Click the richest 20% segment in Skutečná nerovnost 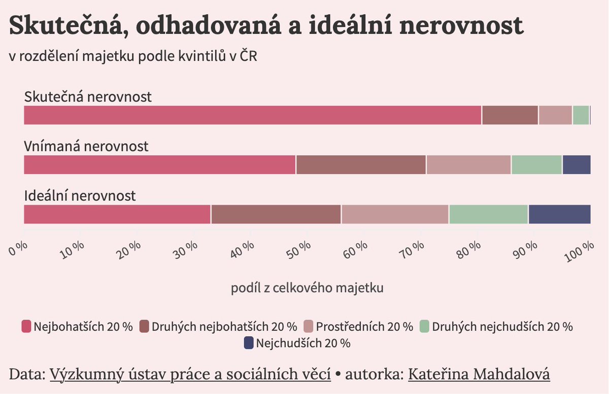253,115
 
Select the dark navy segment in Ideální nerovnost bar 559,214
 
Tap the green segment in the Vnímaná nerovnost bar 536,165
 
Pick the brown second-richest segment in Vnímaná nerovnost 361,165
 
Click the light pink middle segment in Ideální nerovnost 395,214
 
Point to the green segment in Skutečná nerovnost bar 581,115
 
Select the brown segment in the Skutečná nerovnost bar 510,115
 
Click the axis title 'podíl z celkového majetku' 307,288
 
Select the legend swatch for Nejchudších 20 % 249,343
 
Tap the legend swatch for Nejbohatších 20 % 26,326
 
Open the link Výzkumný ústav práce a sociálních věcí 190,375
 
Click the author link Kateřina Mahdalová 479,375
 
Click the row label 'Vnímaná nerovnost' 86,147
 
